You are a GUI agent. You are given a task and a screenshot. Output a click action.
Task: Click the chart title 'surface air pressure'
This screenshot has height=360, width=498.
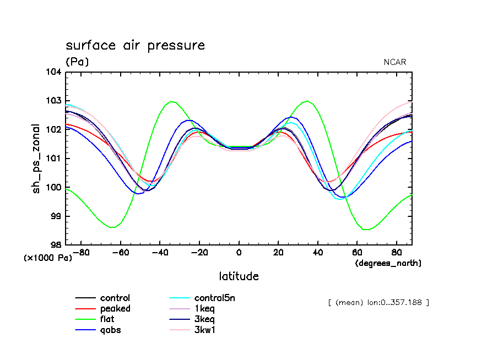[135, 46]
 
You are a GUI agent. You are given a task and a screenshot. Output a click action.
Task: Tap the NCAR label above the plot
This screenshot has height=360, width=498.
[394, 62]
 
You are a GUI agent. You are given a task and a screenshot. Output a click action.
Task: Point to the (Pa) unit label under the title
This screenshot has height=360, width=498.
[77, 62]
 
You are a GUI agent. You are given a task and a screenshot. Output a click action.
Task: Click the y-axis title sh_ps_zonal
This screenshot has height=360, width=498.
[36, 158]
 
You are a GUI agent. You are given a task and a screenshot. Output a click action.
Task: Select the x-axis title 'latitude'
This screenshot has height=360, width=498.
[239, 276]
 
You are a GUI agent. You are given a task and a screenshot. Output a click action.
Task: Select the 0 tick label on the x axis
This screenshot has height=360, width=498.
[239, 253]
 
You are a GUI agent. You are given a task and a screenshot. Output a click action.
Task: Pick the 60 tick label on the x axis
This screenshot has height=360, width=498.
[357, 253]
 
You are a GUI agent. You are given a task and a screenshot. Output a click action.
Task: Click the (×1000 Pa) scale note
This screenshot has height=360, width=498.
[48, 258]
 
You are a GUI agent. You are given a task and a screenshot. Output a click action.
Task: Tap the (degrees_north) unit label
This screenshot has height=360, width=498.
[388, 263]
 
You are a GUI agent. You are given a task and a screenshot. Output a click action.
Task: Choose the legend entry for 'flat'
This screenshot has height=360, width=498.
[107, 319]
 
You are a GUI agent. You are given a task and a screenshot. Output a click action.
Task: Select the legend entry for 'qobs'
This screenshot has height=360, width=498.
[110, 330]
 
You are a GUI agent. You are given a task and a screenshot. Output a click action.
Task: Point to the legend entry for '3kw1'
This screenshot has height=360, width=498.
[204, 330]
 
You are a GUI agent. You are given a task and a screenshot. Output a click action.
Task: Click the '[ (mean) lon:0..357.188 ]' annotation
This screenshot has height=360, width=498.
[378, 302]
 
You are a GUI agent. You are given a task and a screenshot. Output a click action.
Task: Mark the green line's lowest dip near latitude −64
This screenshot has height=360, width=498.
[112, 227]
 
